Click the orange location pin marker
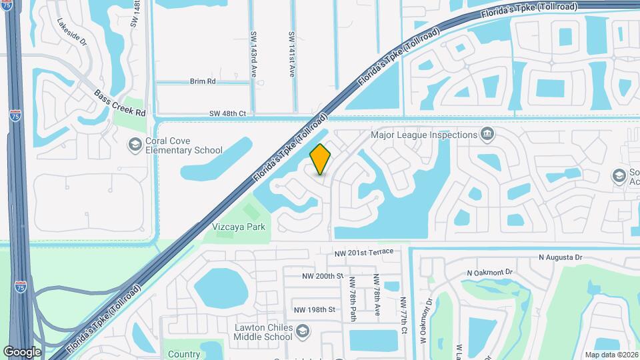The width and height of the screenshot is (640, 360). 321,159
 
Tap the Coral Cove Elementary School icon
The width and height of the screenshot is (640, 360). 135,144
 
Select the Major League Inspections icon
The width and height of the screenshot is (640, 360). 487,135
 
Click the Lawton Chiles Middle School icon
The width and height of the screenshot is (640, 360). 302,331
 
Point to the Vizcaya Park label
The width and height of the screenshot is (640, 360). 239,227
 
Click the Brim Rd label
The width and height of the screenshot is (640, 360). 203,81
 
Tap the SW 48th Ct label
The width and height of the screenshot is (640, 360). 227,114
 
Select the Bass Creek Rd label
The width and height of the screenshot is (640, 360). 119,103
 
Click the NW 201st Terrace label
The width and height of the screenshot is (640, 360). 368,251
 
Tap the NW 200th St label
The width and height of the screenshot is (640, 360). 322,276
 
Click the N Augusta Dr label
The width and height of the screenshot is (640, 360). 561,257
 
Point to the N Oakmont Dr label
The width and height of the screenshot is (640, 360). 489,272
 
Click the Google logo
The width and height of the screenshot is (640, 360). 22,352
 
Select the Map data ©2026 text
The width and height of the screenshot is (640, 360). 611,355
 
